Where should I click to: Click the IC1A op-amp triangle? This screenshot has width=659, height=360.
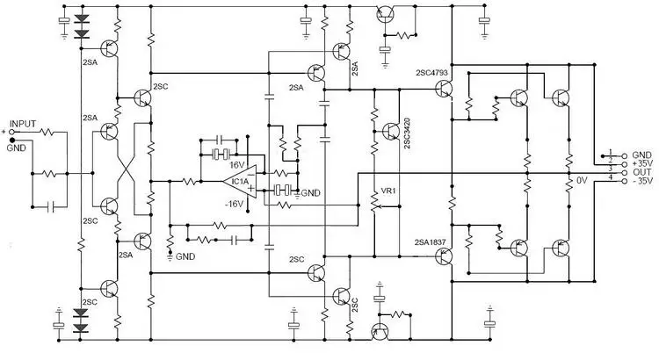(241, 182)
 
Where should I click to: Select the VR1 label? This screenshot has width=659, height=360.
(387, 191)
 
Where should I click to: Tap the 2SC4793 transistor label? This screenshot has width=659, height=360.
(432, 72)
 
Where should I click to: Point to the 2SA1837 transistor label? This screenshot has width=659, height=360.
(430, 242)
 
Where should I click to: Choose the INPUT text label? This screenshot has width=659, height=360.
(23, 124)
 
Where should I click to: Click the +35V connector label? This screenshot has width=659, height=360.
(641, 163)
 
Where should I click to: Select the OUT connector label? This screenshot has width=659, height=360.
(641, 172)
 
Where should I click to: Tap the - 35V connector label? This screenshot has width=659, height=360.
(642, 181)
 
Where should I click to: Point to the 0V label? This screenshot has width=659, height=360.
(582, 181)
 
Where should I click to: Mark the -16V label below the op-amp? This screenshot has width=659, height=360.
(234, 205)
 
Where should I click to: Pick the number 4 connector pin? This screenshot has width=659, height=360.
(611, 177)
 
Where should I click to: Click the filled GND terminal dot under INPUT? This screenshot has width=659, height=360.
(11, 140)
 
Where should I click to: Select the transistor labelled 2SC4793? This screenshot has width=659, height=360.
(444, 89)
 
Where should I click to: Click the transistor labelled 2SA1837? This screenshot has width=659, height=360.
(444, 256)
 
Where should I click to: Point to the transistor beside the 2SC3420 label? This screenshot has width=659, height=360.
(391, 132)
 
